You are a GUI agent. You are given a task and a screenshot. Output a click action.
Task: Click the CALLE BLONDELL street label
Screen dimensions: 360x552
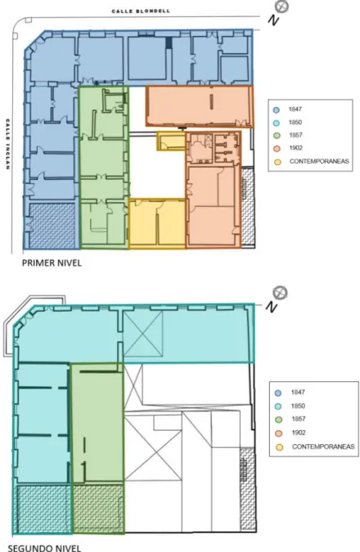141,11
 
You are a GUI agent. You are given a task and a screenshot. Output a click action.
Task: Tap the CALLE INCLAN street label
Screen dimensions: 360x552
7,144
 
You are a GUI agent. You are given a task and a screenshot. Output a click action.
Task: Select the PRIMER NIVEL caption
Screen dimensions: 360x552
52,263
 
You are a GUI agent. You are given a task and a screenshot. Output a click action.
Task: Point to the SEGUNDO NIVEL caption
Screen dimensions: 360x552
44,548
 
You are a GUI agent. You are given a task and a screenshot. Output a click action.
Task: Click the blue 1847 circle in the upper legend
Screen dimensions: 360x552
277,110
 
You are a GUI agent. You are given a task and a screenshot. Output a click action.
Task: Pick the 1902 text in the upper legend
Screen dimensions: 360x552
296,148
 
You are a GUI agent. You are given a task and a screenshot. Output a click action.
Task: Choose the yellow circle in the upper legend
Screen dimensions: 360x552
278,162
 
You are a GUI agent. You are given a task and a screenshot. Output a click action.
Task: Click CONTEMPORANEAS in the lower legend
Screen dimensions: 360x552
323,447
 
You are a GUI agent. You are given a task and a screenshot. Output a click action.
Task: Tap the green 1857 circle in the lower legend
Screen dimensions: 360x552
279,420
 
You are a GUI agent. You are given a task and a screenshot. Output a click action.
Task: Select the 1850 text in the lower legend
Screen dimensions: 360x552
298,406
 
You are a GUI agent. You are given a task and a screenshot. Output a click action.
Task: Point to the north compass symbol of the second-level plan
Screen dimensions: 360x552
281,293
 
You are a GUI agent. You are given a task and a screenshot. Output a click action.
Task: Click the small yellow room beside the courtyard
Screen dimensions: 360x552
171,141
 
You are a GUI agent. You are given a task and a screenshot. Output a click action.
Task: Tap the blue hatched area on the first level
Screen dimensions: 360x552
52,226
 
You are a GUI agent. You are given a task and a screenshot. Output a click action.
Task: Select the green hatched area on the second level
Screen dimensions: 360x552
98,508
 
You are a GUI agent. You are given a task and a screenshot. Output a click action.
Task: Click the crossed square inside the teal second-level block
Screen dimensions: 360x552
143,334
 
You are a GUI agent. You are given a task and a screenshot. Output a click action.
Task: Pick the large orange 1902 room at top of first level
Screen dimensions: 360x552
200,106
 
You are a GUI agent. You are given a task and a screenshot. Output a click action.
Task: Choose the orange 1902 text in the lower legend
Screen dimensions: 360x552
299,433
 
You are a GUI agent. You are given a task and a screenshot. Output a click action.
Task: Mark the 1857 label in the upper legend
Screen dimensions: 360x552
296,135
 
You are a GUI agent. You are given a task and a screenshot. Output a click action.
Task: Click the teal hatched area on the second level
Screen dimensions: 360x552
43,509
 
